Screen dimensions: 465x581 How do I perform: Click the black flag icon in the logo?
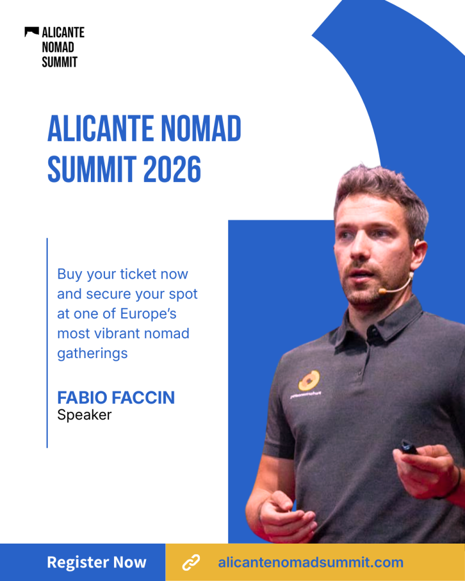point(32,32)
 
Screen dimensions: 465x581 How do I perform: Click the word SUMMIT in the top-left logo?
point(60,62)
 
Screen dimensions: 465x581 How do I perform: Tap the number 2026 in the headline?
point(172,169)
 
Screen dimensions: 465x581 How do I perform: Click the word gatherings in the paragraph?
point(93,353)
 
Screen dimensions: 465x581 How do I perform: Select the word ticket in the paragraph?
point(138,274)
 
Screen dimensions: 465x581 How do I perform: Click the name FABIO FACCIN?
point(116,398)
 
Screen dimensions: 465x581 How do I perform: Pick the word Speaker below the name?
point(84,415)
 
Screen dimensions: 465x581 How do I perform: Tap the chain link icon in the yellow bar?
point(191,562)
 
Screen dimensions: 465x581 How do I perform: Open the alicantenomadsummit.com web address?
point(311,562)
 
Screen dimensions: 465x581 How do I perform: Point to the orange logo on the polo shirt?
point(309,381)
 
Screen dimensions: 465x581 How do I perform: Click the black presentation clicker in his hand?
point(409,447)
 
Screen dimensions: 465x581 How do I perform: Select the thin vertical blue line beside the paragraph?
point(47,343)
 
